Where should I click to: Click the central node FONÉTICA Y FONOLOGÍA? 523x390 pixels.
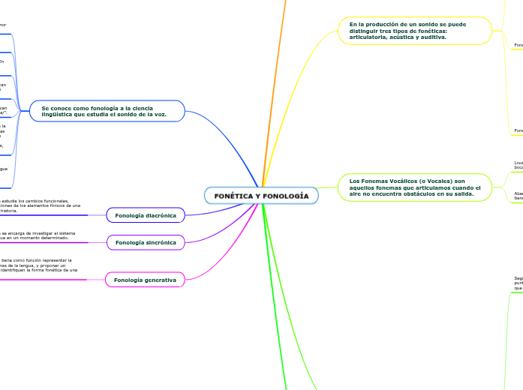261,196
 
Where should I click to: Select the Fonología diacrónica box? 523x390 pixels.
146,215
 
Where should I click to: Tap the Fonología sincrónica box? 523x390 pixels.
146,242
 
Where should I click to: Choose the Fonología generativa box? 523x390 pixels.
145,280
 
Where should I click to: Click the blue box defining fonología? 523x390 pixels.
107,111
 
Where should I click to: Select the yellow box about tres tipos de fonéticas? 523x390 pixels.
414,31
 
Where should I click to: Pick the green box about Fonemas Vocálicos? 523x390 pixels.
414,187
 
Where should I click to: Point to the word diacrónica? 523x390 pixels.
161,215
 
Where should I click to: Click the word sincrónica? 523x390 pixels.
161,242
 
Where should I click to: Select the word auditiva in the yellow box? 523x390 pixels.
431,37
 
